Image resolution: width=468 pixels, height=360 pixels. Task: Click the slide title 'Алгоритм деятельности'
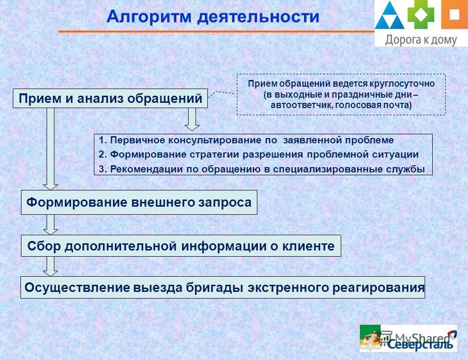[213, 16]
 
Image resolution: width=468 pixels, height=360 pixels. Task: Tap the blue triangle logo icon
[389, 16]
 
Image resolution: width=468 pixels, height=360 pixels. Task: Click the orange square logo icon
[454, 14]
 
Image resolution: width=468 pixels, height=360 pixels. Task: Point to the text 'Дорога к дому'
[421, 40]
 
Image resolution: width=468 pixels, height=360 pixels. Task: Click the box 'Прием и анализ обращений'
[110, 99]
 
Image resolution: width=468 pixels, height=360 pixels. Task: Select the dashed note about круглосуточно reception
[341, 95]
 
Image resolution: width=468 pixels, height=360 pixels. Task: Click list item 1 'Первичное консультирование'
[246, 140]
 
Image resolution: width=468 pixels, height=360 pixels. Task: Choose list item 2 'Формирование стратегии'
[259, 154]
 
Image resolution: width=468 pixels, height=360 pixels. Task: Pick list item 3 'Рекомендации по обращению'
[262, 169]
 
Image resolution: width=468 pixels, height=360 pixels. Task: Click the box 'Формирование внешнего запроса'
[139, 202]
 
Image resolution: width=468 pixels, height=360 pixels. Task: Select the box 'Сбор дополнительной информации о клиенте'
[181, 246]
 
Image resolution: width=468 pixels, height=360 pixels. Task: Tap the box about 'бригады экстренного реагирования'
[223, 288]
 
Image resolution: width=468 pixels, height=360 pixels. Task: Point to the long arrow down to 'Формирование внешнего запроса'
[51, 149]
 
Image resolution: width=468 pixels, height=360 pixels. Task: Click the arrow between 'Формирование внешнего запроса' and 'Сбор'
[51, 225]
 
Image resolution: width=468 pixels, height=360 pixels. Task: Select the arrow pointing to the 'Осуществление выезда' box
[51, 266]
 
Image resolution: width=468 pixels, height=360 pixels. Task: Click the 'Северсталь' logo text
[420, 344]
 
